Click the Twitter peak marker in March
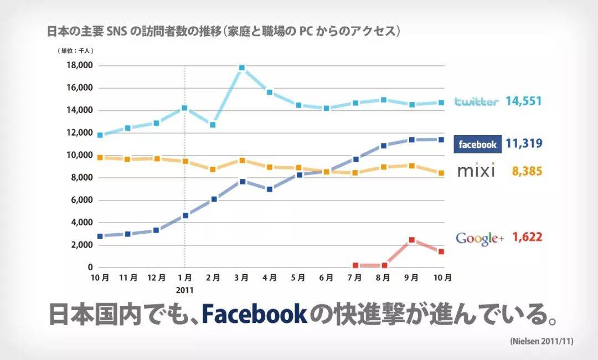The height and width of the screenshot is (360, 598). (241, 68)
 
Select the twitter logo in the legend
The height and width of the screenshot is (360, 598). (476, 102)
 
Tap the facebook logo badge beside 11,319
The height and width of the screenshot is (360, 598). (477, 145)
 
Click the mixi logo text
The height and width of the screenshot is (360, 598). (476, 171)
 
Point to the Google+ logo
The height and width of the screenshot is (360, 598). (480, 238)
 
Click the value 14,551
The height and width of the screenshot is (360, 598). (523, 101)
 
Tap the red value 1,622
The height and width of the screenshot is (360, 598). (527, 238)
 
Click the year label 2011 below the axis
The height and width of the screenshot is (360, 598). (184, 290)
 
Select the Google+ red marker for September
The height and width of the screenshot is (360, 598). (412, 240)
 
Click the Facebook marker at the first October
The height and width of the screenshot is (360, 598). (100, 236)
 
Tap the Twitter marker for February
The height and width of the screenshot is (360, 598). (213, 125)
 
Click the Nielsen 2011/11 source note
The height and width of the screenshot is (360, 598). (541, 342)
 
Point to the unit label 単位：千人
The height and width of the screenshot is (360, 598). (76, 51)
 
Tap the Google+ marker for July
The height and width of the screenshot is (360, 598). (355, 266)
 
